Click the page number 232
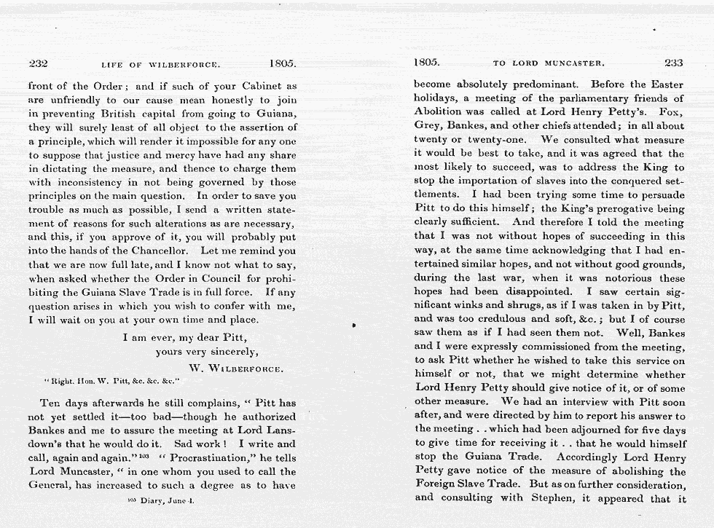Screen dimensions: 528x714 tap(37, 63)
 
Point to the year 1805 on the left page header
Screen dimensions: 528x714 tap(282, 63)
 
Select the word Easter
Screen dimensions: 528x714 tap(666, 84)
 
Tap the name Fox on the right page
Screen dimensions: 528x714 tap(669, 111)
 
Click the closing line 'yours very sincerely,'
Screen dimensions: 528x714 tap(207, 352)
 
